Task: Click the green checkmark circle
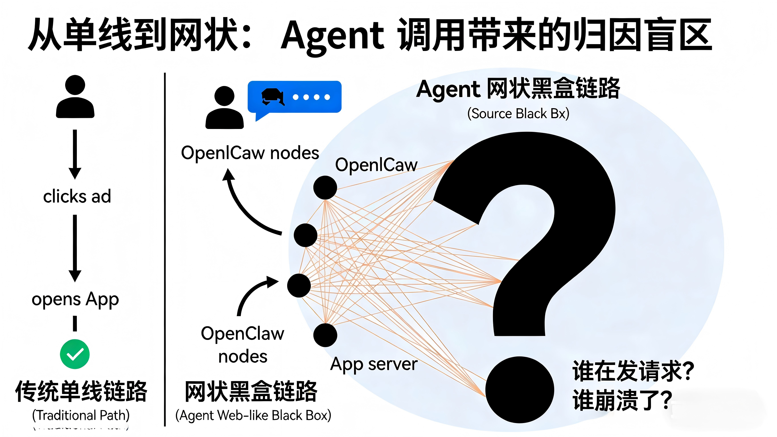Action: point(75,354)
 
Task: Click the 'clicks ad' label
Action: point(77,196)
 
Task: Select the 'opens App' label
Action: point(75,299)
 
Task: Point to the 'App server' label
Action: point(374,364)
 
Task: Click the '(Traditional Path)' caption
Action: point(81,415)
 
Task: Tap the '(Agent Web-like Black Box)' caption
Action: point(253,415)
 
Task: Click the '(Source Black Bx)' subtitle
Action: point(518,114)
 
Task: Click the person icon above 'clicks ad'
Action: point(75,97)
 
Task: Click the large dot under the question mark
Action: point(519,390)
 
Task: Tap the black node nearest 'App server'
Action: point(325,335)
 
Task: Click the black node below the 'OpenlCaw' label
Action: point(325,187)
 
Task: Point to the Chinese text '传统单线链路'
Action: point(81,391)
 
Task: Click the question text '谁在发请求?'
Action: point(633,371)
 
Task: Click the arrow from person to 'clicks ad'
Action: point(75,154)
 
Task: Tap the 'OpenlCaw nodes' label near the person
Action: point(250,153)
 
